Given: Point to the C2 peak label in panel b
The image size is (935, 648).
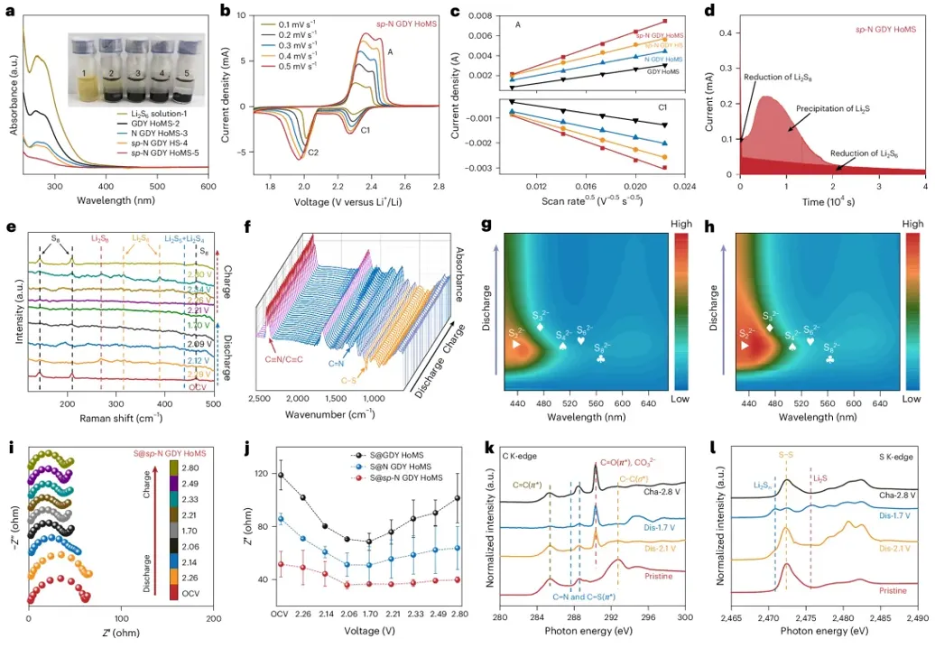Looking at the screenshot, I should tap(313, 153).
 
